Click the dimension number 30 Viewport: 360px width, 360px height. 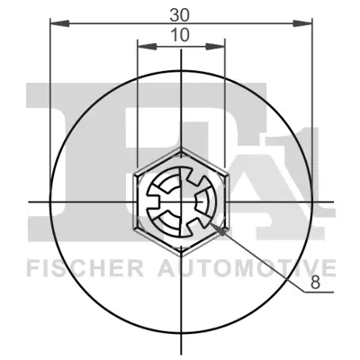point(180,13)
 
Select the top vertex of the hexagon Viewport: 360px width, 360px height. point(180,146)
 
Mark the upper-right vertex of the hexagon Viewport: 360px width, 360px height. point(224,171)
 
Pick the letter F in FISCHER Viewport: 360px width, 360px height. point(33,267)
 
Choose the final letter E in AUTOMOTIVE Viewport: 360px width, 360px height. point(329,267)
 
